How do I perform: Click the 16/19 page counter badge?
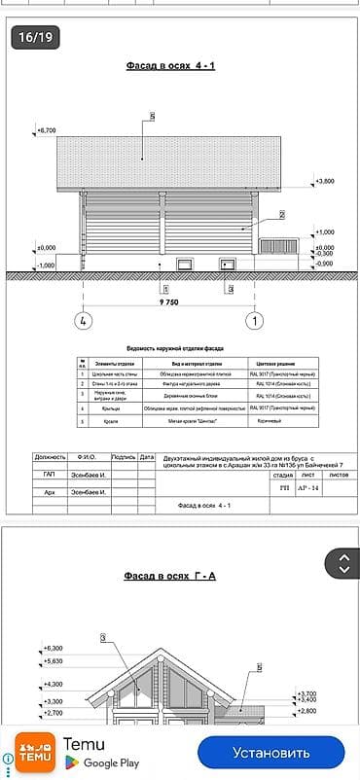35,38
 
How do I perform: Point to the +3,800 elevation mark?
325,181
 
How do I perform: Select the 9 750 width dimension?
168,302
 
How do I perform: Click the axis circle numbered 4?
84,319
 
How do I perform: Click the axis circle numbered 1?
254,319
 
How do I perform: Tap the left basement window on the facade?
184,264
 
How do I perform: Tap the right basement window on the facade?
228,264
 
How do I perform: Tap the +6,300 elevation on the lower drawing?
54,648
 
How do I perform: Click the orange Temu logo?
35,753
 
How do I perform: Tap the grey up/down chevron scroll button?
343,563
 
